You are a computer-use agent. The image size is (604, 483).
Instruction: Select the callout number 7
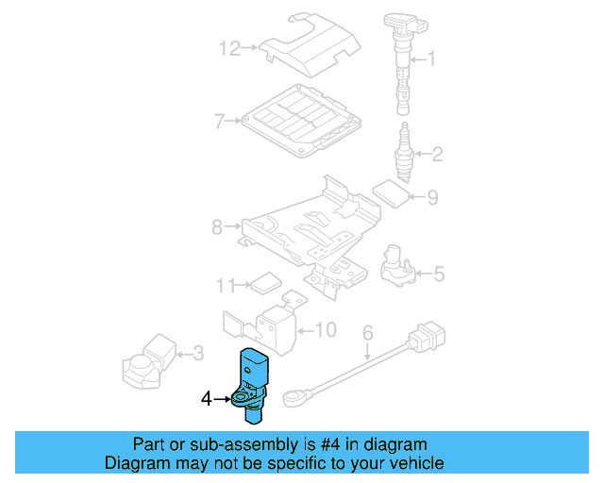point(218,121)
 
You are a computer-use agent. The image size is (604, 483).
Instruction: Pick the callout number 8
point(216,227)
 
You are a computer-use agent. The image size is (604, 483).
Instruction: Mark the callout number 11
point(224,284)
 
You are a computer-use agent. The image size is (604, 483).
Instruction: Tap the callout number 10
point(325,329)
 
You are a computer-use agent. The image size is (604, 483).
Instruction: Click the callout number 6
point(368,332)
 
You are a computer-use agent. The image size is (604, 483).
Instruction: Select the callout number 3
point(197,354)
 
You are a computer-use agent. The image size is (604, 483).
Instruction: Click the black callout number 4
point(207,399)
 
